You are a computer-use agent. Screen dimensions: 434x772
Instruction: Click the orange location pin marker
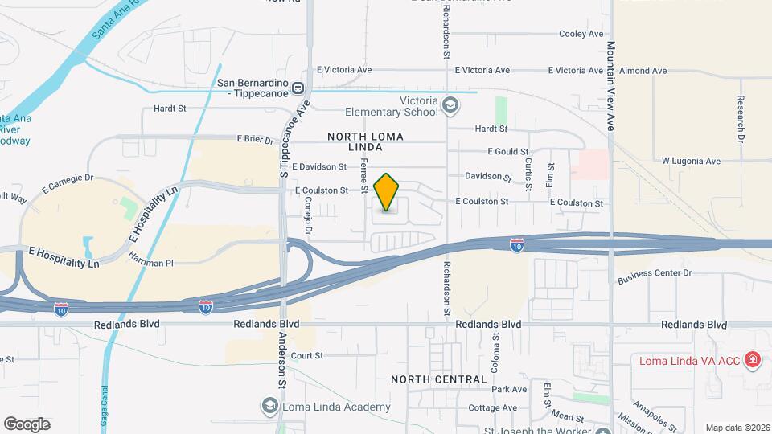pos(387,192)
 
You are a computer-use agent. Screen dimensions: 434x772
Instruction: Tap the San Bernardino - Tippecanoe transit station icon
pos(298,88)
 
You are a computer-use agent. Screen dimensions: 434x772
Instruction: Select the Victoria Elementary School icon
pos(450,104)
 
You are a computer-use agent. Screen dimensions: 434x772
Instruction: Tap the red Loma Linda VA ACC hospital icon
pos(753,359)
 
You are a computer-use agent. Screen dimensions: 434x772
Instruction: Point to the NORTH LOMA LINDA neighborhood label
pos(365,142)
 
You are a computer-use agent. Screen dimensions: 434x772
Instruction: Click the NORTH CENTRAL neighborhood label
pos(439,379)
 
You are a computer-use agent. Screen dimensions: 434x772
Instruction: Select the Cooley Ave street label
pos(581,34)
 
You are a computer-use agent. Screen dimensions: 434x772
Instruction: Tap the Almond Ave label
pos(643,71)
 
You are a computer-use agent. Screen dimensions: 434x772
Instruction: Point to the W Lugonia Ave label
pos(691,161)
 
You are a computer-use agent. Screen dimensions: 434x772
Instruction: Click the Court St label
pos(307,355)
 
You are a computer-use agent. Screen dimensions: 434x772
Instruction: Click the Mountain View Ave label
pos(611,87)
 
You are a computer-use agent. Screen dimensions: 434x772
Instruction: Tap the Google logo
pos(27,424)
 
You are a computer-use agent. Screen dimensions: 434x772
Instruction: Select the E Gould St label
pos(508,151)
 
